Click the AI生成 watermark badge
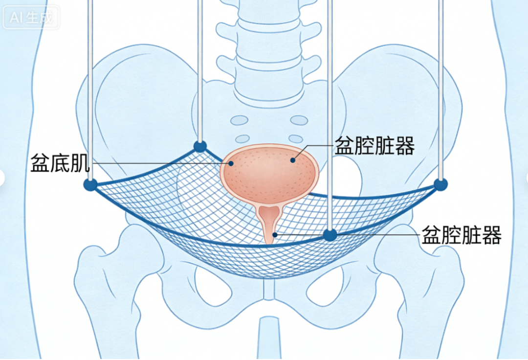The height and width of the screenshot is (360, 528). click(31, 17)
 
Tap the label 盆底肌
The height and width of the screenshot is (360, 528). click(60, 163)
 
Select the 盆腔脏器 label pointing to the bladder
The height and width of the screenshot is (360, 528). click(374, 145)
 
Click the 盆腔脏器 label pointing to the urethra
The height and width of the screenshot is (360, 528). click(462, 235)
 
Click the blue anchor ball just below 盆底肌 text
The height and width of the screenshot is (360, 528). click(90, 185)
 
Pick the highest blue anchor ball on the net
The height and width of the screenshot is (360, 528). click(200, 147)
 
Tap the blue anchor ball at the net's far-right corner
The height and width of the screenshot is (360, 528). click(440, 184)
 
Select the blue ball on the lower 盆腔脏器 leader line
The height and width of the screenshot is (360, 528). click(330, 235)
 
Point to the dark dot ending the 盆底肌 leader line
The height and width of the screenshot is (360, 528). click(231, 164)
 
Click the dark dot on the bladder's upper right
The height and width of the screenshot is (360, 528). click(293, 160)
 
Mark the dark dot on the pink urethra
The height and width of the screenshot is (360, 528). click(275, 235)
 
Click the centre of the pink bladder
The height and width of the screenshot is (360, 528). click(269, 174)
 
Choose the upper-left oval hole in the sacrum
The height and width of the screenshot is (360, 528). click(240, 120)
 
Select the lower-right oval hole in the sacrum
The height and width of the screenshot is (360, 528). click(295, 139)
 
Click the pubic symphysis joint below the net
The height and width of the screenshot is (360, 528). click(269, 290)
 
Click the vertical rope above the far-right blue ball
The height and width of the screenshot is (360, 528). click(441, 89)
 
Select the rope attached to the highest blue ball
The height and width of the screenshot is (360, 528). click(200, 71)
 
